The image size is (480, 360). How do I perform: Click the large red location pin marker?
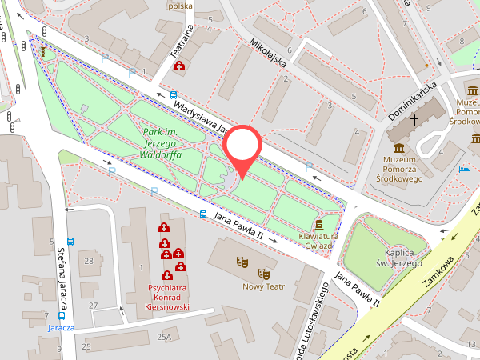pos(242,148)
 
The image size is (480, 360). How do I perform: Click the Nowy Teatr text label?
pos(263,286)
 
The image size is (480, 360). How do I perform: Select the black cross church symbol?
pos(414,121)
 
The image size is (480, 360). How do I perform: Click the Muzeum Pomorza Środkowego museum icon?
pos(399,148)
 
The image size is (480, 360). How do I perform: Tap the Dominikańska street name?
pos(411,99)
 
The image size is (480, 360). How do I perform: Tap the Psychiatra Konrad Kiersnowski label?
pos(156,297)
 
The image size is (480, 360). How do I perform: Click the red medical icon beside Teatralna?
pos(179,66)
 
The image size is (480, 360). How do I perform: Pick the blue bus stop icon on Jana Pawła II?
pos(203,214)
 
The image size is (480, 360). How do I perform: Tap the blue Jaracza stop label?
pos(61,328)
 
